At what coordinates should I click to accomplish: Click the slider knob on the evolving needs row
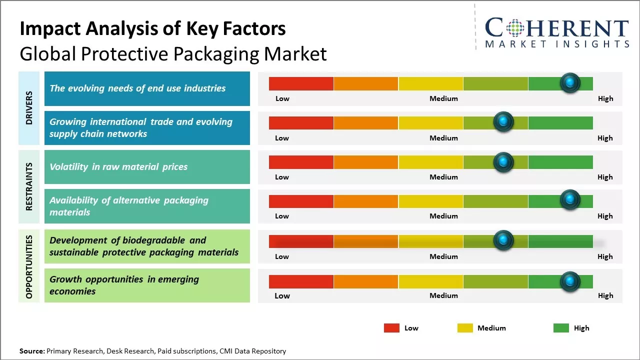(x=570, y=82)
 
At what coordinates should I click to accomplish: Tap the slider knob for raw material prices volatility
(x=503, y=162)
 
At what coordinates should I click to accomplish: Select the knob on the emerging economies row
(x=570, y=282)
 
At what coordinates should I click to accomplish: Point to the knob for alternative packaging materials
(x=570, y=200)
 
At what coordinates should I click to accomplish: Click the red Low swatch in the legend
(x=391, y=328)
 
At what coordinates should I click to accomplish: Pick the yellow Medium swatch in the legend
(x=465, y=328)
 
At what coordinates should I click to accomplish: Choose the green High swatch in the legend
(x=561, y=328)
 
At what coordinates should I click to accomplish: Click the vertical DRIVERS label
(x=29, y=108)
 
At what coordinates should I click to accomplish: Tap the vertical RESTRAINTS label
(x=29, y=186)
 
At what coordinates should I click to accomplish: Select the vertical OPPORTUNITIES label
(x=29, y=266)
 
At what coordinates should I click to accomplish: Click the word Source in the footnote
(x=31, y=351)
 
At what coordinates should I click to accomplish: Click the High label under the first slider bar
(x=605, y=98)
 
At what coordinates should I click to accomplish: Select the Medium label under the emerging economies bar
(x=443, y=295)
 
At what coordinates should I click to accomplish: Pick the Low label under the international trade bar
(x=282, y=138)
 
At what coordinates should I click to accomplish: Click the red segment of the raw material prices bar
(x=301, y=162)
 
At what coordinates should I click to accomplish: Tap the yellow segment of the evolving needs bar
(x=430, y=83)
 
